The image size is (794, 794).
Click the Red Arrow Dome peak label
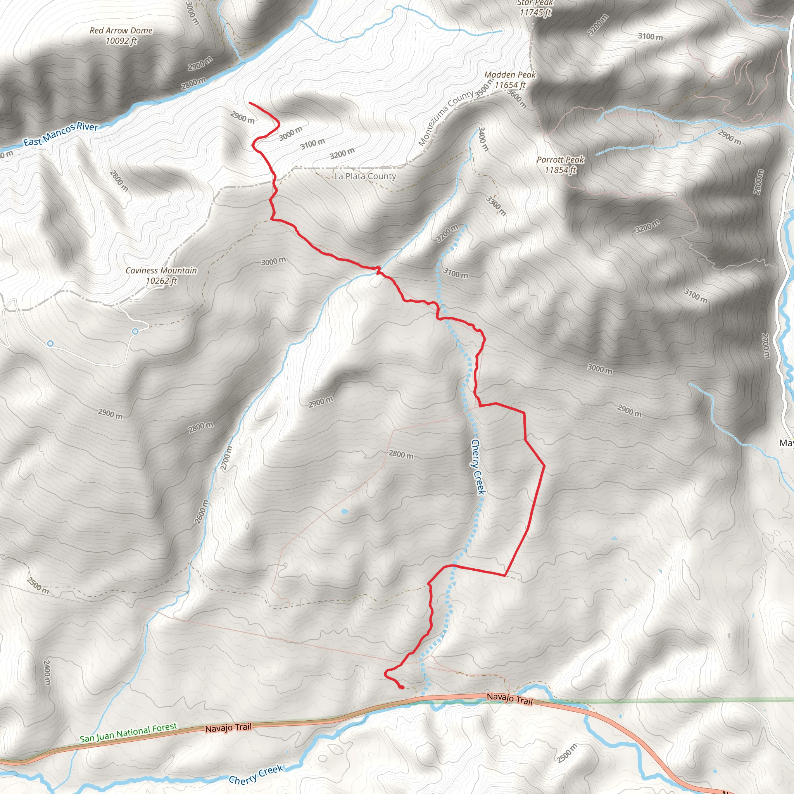tap(121, 35)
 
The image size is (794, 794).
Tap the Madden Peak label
tap(510, 80)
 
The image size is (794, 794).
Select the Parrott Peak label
tap(560, 164)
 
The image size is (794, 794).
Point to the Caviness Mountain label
tap(161, 275)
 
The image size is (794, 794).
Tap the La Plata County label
tap(365, 176)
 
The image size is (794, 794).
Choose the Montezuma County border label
tap(445, 118)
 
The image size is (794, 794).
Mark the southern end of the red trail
tap(402, 687)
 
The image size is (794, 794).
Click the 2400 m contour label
tap(47, 672)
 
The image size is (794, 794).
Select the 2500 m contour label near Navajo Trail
tap(567, 753)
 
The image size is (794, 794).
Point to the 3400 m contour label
tap(483, 139)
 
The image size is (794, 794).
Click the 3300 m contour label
tap(496, 206)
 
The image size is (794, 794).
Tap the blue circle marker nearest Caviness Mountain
tap(135, 331)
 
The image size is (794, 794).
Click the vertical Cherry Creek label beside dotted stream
tap(478, 467)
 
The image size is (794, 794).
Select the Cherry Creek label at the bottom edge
tap(256, 774)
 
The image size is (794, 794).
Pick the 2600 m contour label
tap(201, 512)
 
